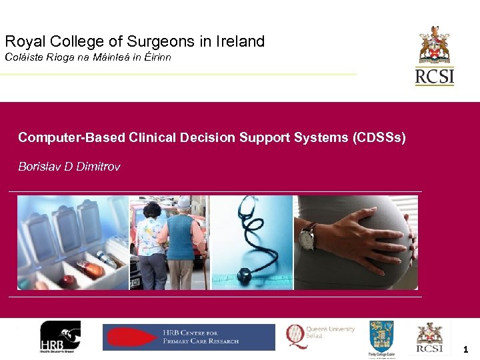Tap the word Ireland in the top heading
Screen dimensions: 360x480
coord(239,41)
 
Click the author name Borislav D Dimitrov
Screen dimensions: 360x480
coord(69,167)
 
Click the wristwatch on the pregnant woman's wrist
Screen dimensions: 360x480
coord(307,236)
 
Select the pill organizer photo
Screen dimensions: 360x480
coord(73,243)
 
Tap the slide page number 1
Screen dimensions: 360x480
coord(465,349)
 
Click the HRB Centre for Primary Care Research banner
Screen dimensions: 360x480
coord(189,337)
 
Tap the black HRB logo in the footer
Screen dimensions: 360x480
coord(60,337)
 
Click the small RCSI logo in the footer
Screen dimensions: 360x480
coord(430,337)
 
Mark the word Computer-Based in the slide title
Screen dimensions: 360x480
coord(60,137)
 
